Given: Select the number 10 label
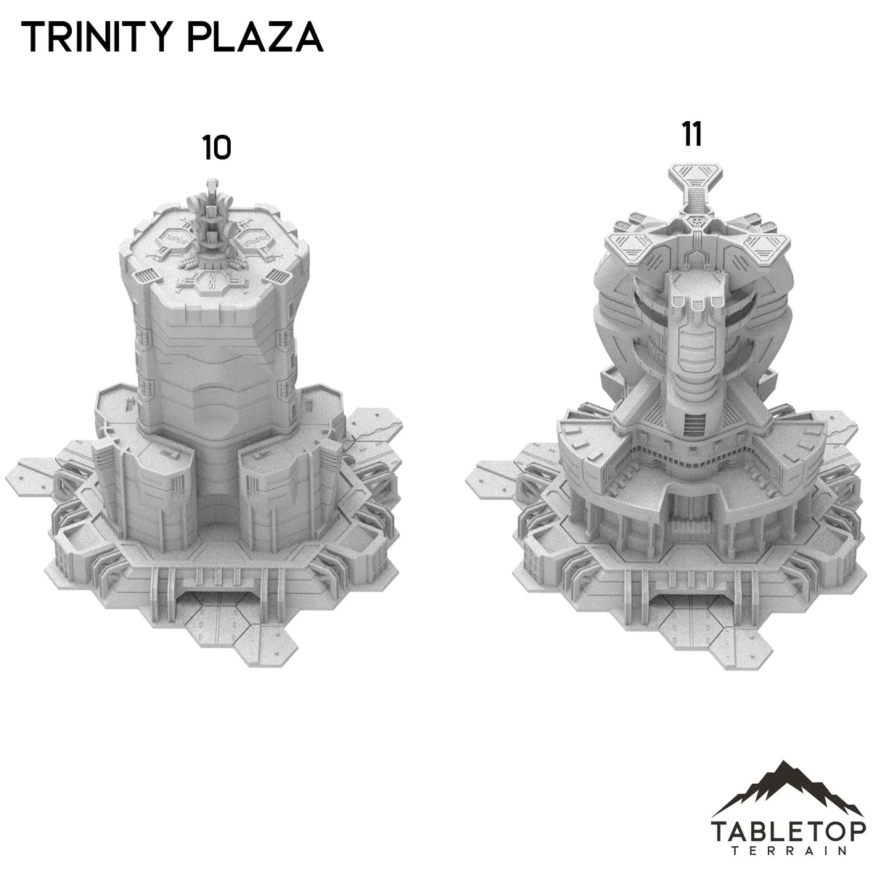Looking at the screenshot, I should point(216,148).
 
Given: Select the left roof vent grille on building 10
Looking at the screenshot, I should point(146,276).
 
